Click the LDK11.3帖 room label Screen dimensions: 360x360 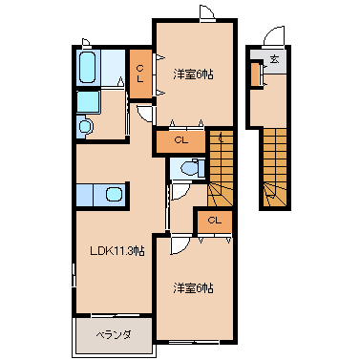(x=117, y=251)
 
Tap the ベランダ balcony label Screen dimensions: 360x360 (x=114, y=335)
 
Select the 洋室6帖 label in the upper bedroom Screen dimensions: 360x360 (x=193, y=74)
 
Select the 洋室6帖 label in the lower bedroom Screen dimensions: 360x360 (x=193, y=288)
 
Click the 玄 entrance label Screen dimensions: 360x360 (x=274, y=59)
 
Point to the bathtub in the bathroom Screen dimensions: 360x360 (x=88, y=67)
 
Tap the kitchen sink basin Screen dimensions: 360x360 (x=114, y=194)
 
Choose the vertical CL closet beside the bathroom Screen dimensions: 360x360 (x=140, y=74)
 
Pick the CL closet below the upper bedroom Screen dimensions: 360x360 (x=181, y=140)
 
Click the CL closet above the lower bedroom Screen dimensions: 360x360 (x=215, y=221)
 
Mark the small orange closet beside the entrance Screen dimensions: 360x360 (x=256, y=74)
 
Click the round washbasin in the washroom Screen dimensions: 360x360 (x=86, y=126)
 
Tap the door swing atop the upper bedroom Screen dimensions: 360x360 (x=207, y=12)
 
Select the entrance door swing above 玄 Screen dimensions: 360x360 (x=274, y=36)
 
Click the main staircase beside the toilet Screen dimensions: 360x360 (x=221, y=168)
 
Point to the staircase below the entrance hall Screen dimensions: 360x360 (x=275, y=168)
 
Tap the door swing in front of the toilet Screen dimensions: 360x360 (x=180, y=192)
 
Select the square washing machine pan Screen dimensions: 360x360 (x=89, y=102)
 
